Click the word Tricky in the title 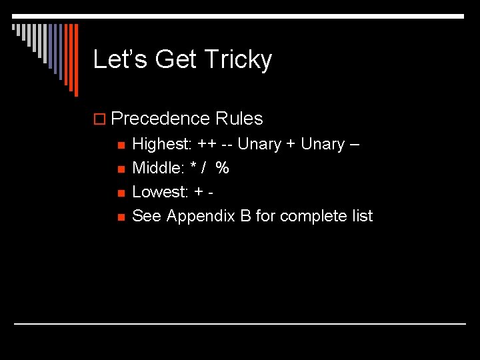(238, 60)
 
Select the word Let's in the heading (120, 59)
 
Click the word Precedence (161, 119)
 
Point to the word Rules (239, 119)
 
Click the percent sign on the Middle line (222, 168)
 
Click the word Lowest (159, 192)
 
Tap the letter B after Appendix (245, 216)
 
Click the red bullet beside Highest (121, 145)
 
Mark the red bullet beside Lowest (121, 193)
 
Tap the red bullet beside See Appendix (121, 217)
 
